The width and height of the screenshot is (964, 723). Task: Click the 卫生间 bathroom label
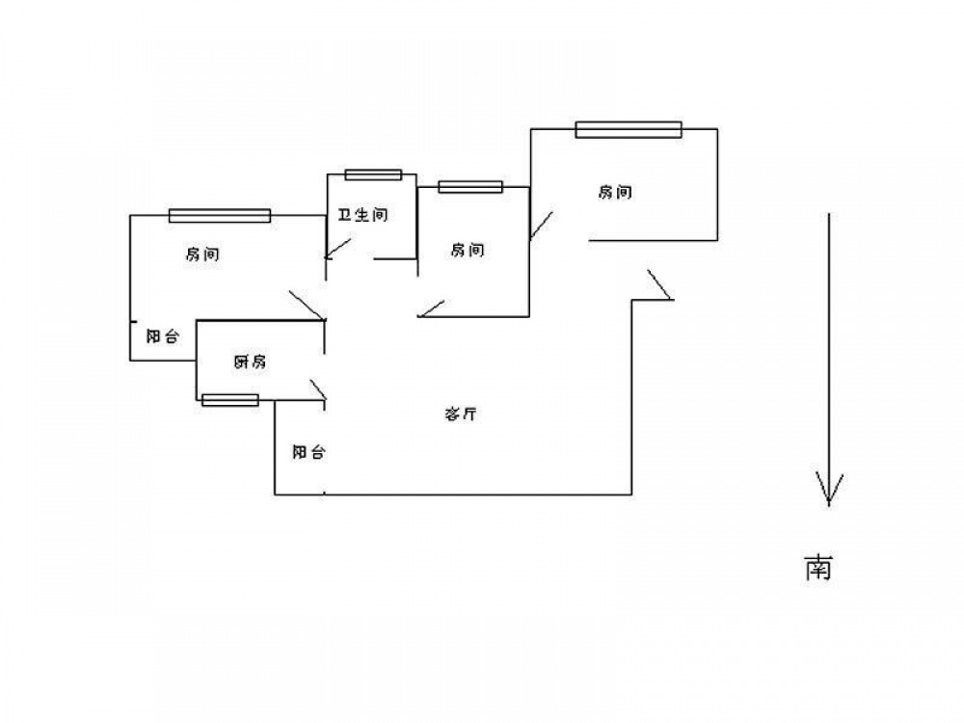[362, 215]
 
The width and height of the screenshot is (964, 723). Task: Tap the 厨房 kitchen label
[250, 361]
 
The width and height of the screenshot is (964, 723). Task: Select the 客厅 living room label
[463, 415]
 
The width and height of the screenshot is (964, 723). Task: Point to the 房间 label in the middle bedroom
[468, 251]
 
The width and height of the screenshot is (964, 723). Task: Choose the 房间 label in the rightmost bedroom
[615, 192]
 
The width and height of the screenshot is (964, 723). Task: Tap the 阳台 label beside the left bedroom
[162, 336]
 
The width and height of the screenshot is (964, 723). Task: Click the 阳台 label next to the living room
[308, 451]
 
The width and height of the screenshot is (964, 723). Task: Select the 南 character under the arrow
[818, 568]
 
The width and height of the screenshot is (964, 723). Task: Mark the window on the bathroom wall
[373, 174]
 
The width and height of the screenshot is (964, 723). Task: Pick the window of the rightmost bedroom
[629, 129]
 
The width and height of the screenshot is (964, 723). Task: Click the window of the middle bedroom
[470, 187]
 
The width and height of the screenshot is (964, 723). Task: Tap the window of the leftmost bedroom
[220, 216]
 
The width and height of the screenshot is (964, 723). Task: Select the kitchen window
[230, 400]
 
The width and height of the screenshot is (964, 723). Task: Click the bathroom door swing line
[338, 248]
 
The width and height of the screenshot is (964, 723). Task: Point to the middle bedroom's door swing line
[430, 308]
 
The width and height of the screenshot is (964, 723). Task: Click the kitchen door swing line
[319, 390]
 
